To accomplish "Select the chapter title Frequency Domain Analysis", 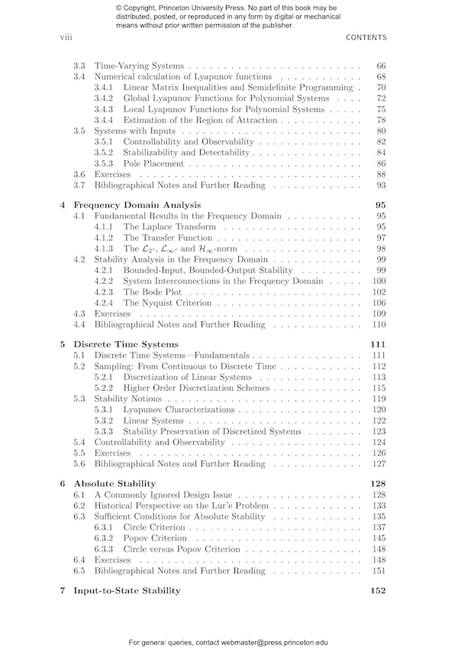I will [x=137, y=205].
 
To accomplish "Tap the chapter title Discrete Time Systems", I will [x=125, y=343].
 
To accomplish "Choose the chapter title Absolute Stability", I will [x=114, y=483].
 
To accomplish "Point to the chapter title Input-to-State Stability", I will [x=127, y=590].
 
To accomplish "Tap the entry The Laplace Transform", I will [x=169, y=227].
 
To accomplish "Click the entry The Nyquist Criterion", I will [x=173, y=303].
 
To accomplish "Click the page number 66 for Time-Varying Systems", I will [x=381, y=66].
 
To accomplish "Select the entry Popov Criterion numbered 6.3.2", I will [x=155, y=538].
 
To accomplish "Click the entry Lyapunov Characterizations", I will [x=179, y=410].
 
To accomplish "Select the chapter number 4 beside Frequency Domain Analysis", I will [x=62, y=205].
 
